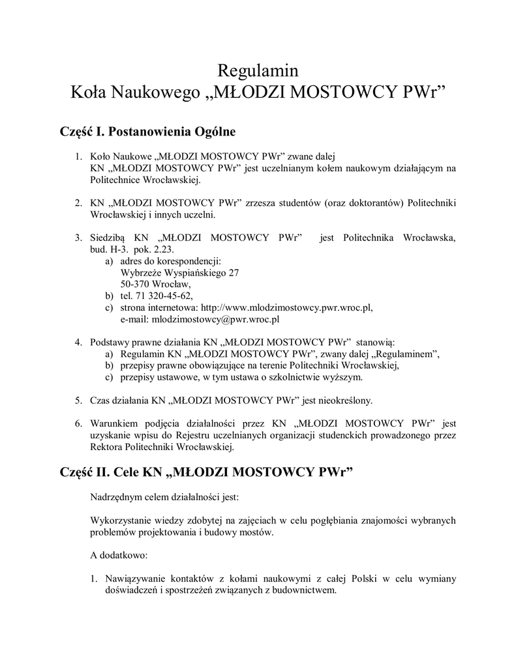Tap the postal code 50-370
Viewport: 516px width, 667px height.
135,284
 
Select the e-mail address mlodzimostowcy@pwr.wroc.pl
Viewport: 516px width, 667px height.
215,319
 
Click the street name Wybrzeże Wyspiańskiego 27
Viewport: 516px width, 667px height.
179,273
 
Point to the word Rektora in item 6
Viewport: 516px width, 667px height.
107,447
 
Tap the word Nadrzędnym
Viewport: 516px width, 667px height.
117,497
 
